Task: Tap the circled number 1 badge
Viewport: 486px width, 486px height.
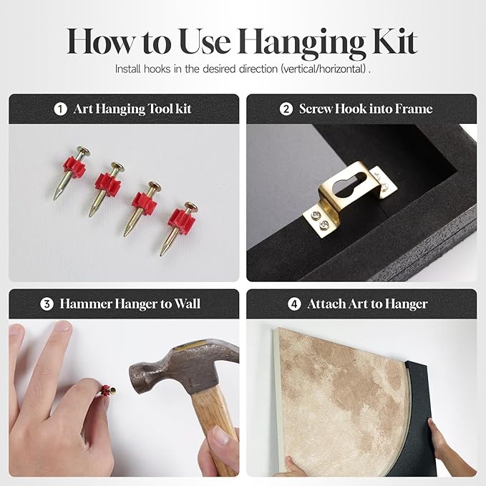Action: click(x=60, y=109)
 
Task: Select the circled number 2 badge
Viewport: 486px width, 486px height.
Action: click(x=286, y=109)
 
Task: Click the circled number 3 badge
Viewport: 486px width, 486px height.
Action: click(x=47, y=304)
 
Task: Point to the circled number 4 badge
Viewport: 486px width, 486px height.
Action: click(x=294, y=304)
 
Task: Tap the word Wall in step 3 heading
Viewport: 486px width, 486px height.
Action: click(x=187, y=303)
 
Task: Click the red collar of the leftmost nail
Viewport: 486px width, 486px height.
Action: click(x=74, y=167)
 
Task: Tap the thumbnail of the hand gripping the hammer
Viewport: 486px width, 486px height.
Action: click(x=221, y=436)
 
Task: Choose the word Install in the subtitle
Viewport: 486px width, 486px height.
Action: click(x=127, y=69)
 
